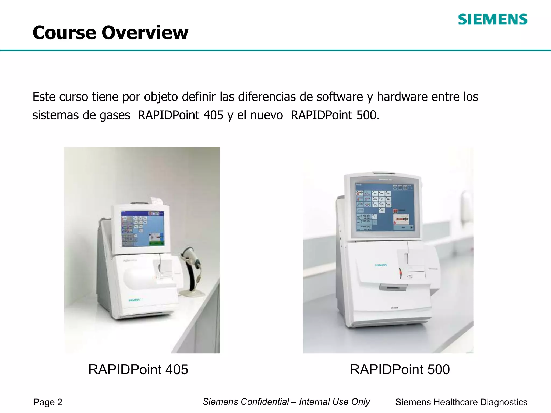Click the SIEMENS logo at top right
pos(493,20)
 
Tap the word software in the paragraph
pos(340,97)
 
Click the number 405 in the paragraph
pos(213,115)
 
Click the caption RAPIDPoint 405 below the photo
pos(138,369)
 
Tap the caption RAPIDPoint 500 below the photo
pos(400,369)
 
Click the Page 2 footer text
pos(48,402)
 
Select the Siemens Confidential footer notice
pos(286,402)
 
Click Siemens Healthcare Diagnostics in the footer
pos(461,402)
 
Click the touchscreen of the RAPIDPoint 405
pos(142,229)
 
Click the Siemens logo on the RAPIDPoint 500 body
pos(381,265)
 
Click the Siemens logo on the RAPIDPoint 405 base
pos(134,300)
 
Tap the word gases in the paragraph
pos(115,115)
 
